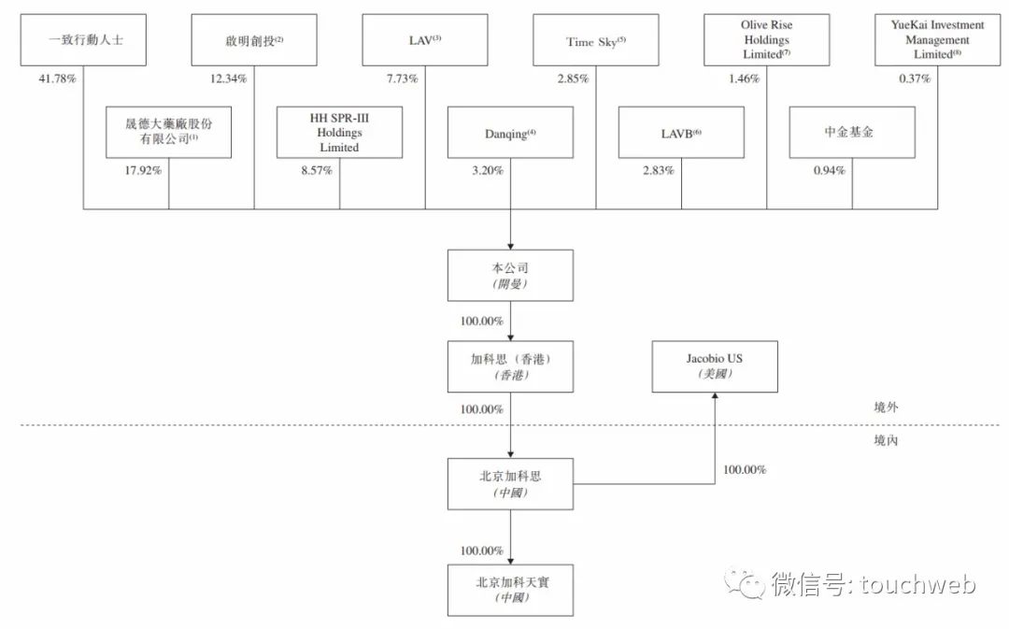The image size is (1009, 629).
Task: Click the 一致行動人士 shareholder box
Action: pyautogui.click(x=83, y=40)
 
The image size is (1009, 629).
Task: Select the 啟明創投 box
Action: pyautogui.click(x=254, y=40)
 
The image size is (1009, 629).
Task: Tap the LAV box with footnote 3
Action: pyautogui.click(x=425, y=40)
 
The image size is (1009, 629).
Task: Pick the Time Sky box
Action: pyautogui.click(x=596, y=40)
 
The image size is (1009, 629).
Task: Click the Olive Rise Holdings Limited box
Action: pyautogui.click(x=766, y=40)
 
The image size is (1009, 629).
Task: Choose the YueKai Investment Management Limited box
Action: pyautogui.click(x=938, y=40)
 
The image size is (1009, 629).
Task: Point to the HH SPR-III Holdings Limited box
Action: pyautogui.click(x=340, y=133)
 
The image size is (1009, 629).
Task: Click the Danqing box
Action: pyautogui.click(x=510, y=133)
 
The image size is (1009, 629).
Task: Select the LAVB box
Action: pyautogui.click(x=681, y=133)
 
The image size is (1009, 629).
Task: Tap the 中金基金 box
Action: pyautogui.click(x=852, y=133)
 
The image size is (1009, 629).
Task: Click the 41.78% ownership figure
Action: pyautogui.click(x=57, y=79)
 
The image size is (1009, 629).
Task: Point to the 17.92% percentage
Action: pyautogui.click(x=143, y=171)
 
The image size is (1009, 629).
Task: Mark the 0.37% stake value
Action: pyautogui.click(x=915, y=79)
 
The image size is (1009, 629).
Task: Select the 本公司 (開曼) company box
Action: pyautogui.click(x=510, y=276)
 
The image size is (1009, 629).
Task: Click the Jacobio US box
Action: pyautogui.click(x=715, y=366)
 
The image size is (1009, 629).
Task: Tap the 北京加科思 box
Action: pyautogui.click(x=510, y=484)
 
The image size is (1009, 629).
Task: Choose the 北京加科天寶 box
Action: pyautogui.click(x=510, y=591)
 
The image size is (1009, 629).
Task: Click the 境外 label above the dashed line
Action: pyautogui.click(x=886, y=407)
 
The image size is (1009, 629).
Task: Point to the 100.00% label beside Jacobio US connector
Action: pyautogui.click(x=745, y=470)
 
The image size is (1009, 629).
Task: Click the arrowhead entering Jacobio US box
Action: pyautogui.click(x=715, y=396)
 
